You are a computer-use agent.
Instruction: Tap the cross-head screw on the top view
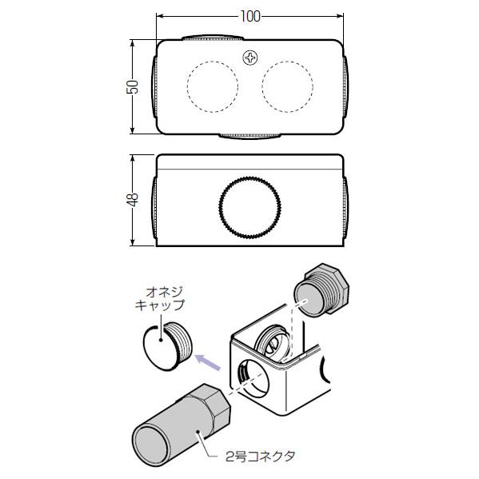(251, 57)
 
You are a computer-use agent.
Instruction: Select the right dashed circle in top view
(288, 86)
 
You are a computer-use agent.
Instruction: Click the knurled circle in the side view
(251, 209)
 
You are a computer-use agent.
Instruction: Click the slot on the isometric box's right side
(325, 369)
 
